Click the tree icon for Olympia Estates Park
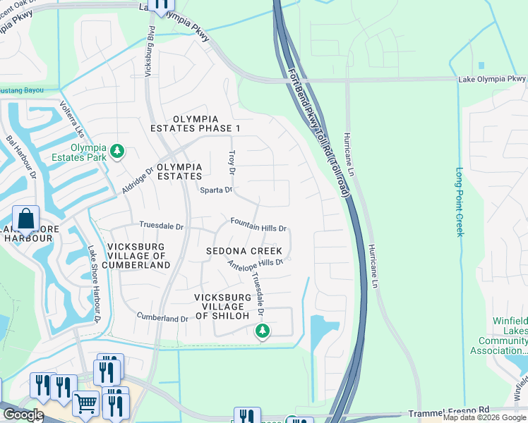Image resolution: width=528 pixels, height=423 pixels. pos(117,151)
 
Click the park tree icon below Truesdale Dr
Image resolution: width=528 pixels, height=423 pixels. pos(263,330)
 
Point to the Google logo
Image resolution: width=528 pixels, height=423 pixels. pos(23,415)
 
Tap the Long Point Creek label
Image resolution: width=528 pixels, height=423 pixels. pos(460,202)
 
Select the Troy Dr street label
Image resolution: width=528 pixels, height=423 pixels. pos(231,162)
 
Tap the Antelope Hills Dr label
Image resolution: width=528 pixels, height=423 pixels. pos(255,263)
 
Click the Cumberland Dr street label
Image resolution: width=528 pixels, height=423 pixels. pos(162,319)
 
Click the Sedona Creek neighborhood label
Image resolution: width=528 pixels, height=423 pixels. pos(244,251)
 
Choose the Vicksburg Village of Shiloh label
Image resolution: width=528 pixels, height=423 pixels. pos(222,307)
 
